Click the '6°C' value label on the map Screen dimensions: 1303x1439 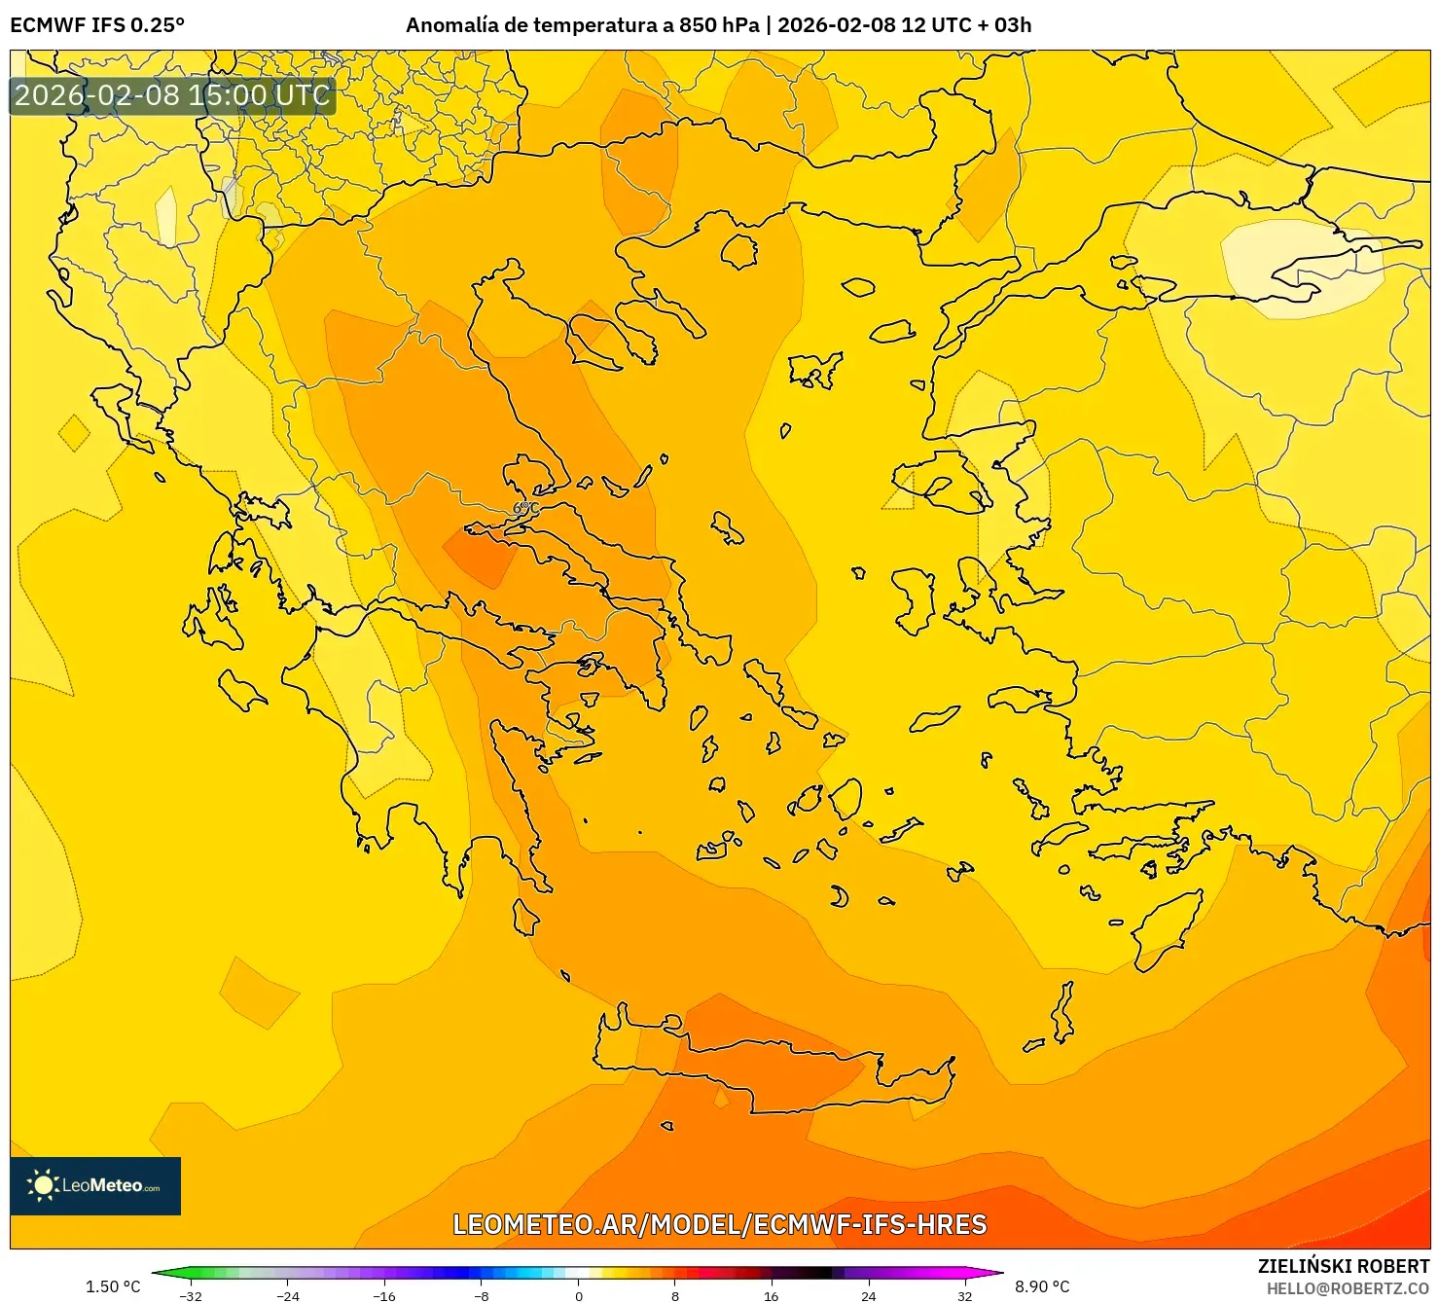point(525,507)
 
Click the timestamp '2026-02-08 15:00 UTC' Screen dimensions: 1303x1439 point(172,95)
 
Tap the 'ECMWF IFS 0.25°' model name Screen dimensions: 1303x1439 point(97,25)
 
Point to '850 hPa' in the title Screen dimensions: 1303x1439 point(719,25)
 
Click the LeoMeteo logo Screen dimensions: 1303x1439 point(95,1185)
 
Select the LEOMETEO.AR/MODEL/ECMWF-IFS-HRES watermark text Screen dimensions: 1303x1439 point(720,1224)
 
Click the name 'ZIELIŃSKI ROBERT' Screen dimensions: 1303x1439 point(1344,1266)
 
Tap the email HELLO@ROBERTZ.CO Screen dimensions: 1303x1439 point(1348,1287)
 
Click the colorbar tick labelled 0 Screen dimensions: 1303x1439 point(579,1295)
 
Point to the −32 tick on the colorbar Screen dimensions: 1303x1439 point(192,1295)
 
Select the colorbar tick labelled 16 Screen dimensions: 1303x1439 point(772,1295)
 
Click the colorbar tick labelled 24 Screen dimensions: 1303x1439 point(868,1295)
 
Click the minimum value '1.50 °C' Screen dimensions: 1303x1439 point(113,1286)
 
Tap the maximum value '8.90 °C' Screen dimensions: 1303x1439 point(1042,1286)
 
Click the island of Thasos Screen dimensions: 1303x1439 point(738,252)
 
